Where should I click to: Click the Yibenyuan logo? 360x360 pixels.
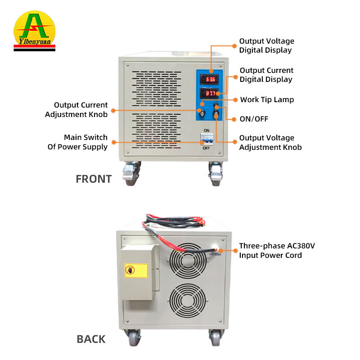tap(35, 31)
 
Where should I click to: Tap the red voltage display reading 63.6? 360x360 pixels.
tap(209, 80)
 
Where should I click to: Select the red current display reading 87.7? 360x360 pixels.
tap(209, 94)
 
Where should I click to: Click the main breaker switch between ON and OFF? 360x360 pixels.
tap(207, 139)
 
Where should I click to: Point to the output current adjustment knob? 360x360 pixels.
tap(202, 113)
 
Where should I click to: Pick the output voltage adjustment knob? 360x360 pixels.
tap(216, 113)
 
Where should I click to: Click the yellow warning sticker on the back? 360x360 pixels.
tap(136, 270)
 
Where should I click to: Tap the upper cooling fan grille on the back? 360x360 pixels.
tap(188, 261)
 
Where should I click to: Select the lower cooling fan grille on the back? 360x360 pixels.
tap(188, 301)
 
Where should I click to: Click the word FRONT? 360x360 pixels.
tap(94, 179)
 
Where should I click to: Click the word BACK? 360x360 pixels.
tap(91, 339)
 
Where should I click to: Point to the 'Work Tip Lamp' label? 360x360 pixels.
tap(267, 99)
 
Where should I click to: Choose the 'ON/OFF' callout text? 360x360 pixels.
tap(254, 119)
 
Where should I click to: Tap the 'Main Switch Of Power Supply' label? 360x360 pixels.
tap(77, 142)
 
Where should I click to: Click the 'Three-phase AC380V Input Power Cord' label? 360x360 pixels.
tap(277, 251)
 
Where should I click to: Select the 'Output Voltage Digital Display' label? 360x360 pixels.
tap(266, 45)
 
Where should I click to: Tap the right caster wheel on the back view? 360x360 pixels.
tap(216, 337)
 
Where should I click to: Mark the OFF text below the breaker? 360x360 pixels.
tap(206, 148)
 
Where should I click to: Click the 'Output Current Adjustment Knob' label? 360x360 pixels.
tap(76, 110)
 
